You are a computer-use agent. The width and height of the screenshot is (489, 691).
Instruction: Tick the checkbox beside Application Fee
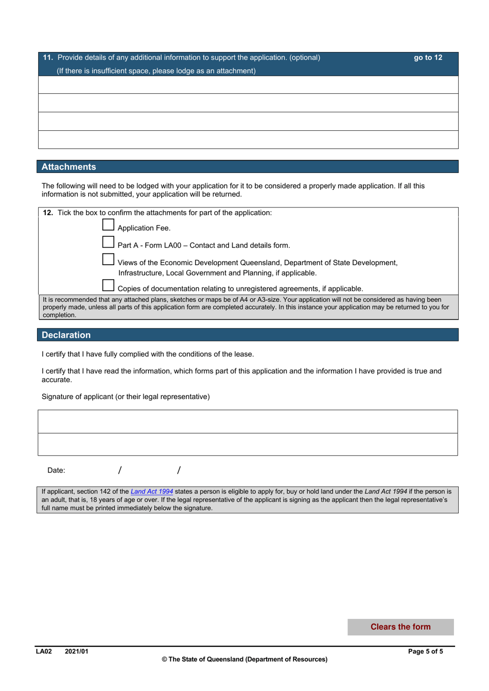coord(108,225)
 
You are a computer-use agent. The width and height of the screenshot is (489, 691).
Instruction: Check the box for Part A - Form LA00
coord(108,242)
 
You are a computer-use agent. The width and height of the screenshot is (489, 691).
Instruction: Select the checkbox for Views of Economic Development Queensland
coord(108,260)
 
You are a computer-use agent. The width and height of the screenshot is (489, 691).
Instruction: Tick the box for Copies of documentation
coord(108,285)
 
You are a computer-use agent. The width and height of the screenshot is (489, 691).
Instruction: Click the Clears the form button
coord(400,627)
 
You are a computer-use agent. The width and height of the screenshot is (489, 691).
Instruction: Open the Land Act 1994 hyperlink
coord(152,492)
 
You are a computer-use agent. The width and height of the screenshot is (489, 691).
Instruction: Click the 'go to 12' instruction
coord(428,58)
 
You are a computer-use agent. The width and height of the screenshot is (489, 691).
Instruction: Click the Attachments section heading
coord(69,167)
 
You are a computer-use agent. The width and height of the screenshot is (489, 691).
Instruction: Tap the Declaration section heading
coord(66,335)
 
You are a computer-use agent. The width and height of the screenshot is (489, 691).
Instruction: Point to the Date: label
coord(56,470)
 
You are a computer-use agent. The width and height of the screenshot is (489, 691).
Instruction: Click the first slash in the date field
coord(120,470)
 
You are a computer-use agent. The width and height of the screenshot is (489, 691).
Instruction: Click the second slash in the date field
coord(179,470)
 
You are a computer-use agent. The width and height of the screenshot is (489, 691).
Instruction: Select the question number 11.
coord(48,58)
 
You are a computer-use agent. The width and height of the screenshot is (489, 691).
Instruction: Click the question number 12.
coord(48,213)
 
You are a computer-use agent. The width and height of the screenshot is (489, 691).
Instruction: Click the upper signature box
coord(248,422)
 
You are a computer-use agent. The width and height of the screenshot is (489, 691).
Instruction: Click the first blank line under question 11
coord(248,84)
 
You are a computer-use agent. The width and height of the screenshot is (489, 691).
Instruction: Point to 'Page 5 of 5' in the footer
coord(425,651)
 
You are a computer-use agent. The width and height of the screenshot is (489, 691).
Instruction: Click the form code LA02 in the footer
coord(44,651)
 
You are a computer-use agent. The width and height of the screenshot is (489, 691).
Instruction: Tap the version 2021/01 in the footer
coord(76,651)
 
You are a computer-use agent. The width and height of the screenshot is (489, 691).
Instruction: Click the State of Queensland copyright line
coord(244,659)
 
